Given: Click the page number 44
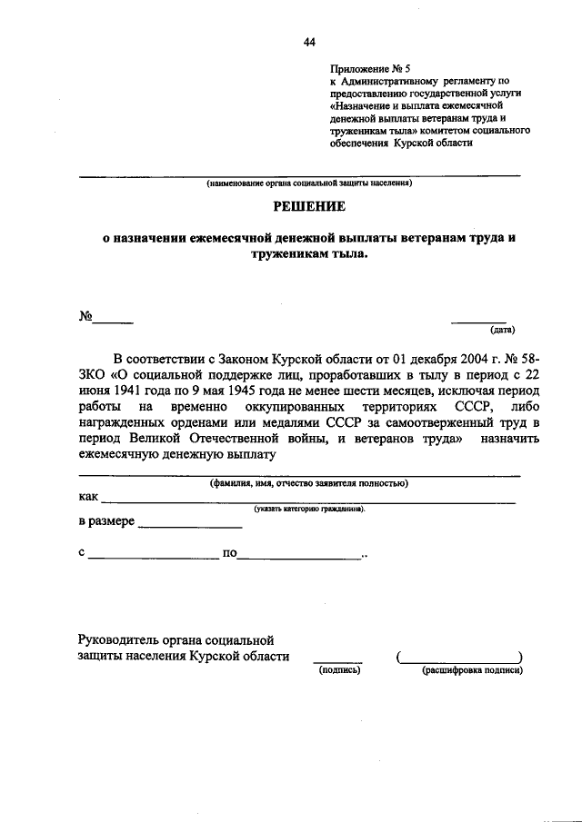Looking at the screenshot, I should (x=309, y=43).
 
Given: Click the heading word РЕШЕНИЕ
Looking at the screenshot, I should (x=308, y=208).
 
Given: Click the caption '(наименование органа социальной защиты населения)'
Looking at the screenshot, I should (x=308, y=183).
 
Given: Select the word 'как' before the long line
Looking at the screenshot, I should (x=88, y=497).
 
